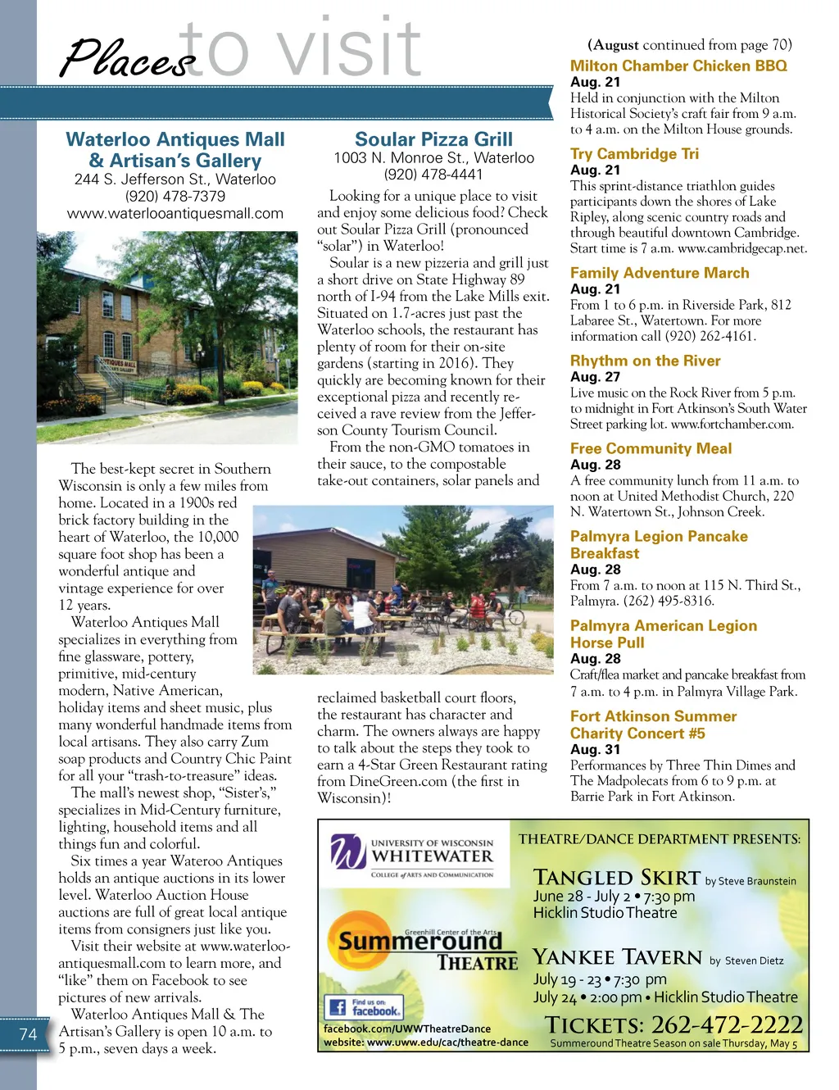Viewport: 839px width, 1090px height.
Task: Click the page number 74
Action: pos(29,1034)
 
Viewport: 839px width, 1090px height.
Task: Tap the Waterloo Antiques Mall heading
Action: pos(175,150)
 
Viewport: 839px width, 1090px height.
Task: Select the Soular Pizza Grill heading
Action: pos(433,139)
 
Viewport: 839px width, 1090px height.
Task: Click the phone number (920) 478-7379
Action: pos(175,196)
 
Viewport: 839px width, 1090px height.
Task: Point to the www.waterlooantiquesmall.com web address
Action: pos(175,213)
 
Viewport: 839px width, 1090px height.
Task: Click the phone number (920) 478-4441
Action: pos(433,174)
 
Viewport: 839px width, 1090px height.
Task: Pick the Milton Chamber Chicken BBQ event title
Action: pos(678,66)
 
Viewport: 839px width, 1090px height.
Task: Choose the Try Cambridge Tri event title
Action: pos(634,153)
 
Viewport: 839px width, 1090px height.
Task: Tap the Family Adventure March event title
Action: pos(660,273)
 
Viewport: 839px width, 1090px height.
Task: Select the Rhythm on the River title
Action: pos(645,361)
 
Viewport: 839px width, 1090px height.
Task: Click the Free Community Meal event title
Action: pos(651,448)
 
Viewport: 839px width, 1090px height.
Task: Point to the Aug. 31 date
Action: pos(595,749)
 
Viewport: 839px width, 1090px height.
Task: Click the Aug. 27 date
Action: pos(595,376)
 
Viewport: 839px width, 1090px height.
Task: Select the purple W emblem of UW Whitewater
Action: pos(348,852)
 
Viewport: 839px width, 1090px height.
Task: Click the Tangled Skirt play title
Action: pos(616,878)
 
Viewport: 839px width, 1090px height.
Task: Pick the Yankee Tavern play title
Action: pos(617,957)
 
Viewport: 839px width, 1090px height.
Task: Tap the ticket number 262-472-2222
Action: pos(727,1024)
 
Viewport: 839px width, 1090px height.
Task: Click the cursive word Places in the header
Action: pos(127,59)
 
